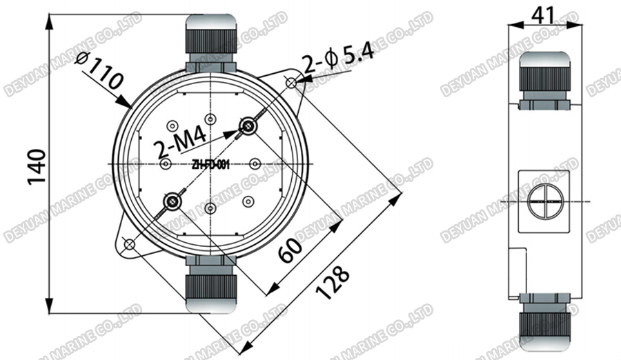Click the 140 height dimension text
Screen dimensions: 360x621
click(37, 166)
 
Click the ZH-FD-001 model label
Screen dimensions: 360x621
click(210, 164)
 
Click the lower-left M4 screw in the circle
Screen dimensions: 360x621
click(171, 201)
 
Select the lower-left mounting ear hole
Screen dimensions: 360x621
click(128, 243)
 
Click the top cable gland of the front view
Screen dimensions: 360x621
click(210, 43)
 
